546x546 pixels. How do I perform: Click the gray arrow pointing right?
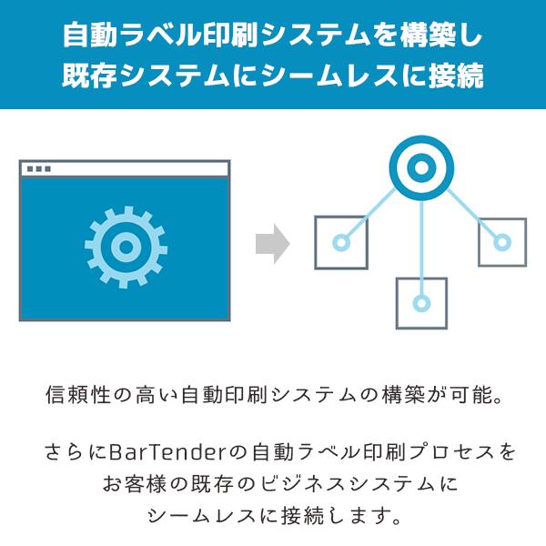click(273, 244)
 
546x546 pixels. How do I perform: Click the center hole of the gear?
click(126, 248)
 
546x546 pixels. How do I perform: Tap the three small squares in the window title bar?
click(39, 169)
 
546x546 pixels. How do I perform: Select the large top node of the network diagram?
click(421, 167)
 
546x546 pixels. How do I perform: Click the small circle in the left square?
click(341, 242)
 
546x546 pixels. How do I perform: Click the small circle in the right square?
click(502, 242)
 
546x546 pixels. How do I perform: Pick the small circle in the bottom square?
click(421, 303)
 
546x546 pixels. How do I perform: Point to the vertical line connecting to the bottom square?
click(421, 248)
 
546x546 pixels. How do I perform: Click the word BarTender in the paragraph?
click(168, 452)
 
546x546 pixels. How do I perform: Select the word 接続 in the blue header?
click(456, 75)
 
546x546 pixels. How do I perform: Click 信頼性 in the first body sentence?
click(78, 395)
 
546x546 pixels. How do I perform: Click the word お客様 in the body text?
click(135, 484)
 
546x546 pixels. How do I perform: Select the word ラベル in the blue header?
click(159, 35)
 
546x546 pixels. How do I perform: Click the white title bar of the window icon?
click(125, 169)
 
